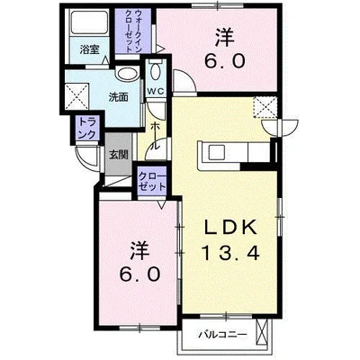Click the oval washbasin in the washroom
[128, 76]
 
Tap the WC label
[154, 92]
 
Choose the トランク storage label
[87, 130]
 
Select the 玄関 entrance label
[119, 155]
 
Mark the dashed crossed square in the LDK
[266, 109]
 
